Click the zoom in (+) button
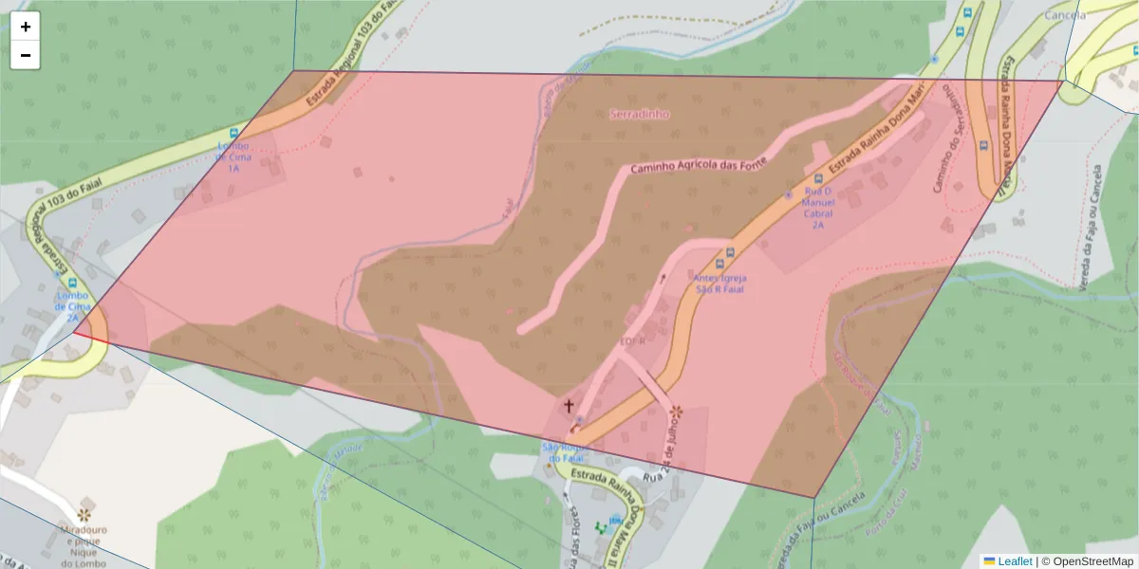click(x=26, y=27)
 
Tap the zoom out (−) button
click(x=26, y=55)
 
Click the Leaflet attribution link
click(x=1015, y=561)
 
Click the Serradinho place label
click(x=639, y=114)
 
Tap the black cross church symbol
click(x=569, y=407)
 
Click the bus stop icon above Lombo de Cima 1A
click(x=233, y=134)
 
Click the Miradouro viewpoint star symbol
click(x=85, y=514)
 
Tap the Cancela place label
click(x=1064, y=15)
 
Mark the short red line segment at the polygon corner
click(x=90, y=337)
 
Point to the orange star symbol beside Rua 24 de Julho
click(x=676, y=412)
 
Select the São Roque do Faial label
click(x=561, y=451)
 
